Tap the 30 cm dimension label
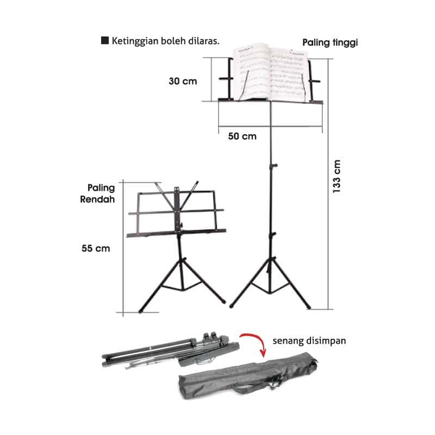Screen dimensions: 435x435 tap(182, 81)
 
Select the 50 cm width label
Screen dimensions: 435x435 tap(242, 136)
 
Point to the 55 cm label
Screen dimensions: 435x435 tap(96, 248)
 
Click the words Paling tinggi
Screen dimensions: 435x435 tap(330, 42)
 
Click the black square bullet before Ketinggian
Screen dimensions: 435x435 tap(105, 41)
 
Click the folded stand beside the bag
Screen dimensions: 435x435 tap(169, 350)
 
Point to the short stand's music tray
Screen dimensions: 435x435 tap(176, 232)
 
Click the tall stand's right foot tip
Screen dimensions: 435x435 tap(308, 307)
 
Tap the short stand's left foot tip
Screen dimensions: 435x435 tap(141, 311)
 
